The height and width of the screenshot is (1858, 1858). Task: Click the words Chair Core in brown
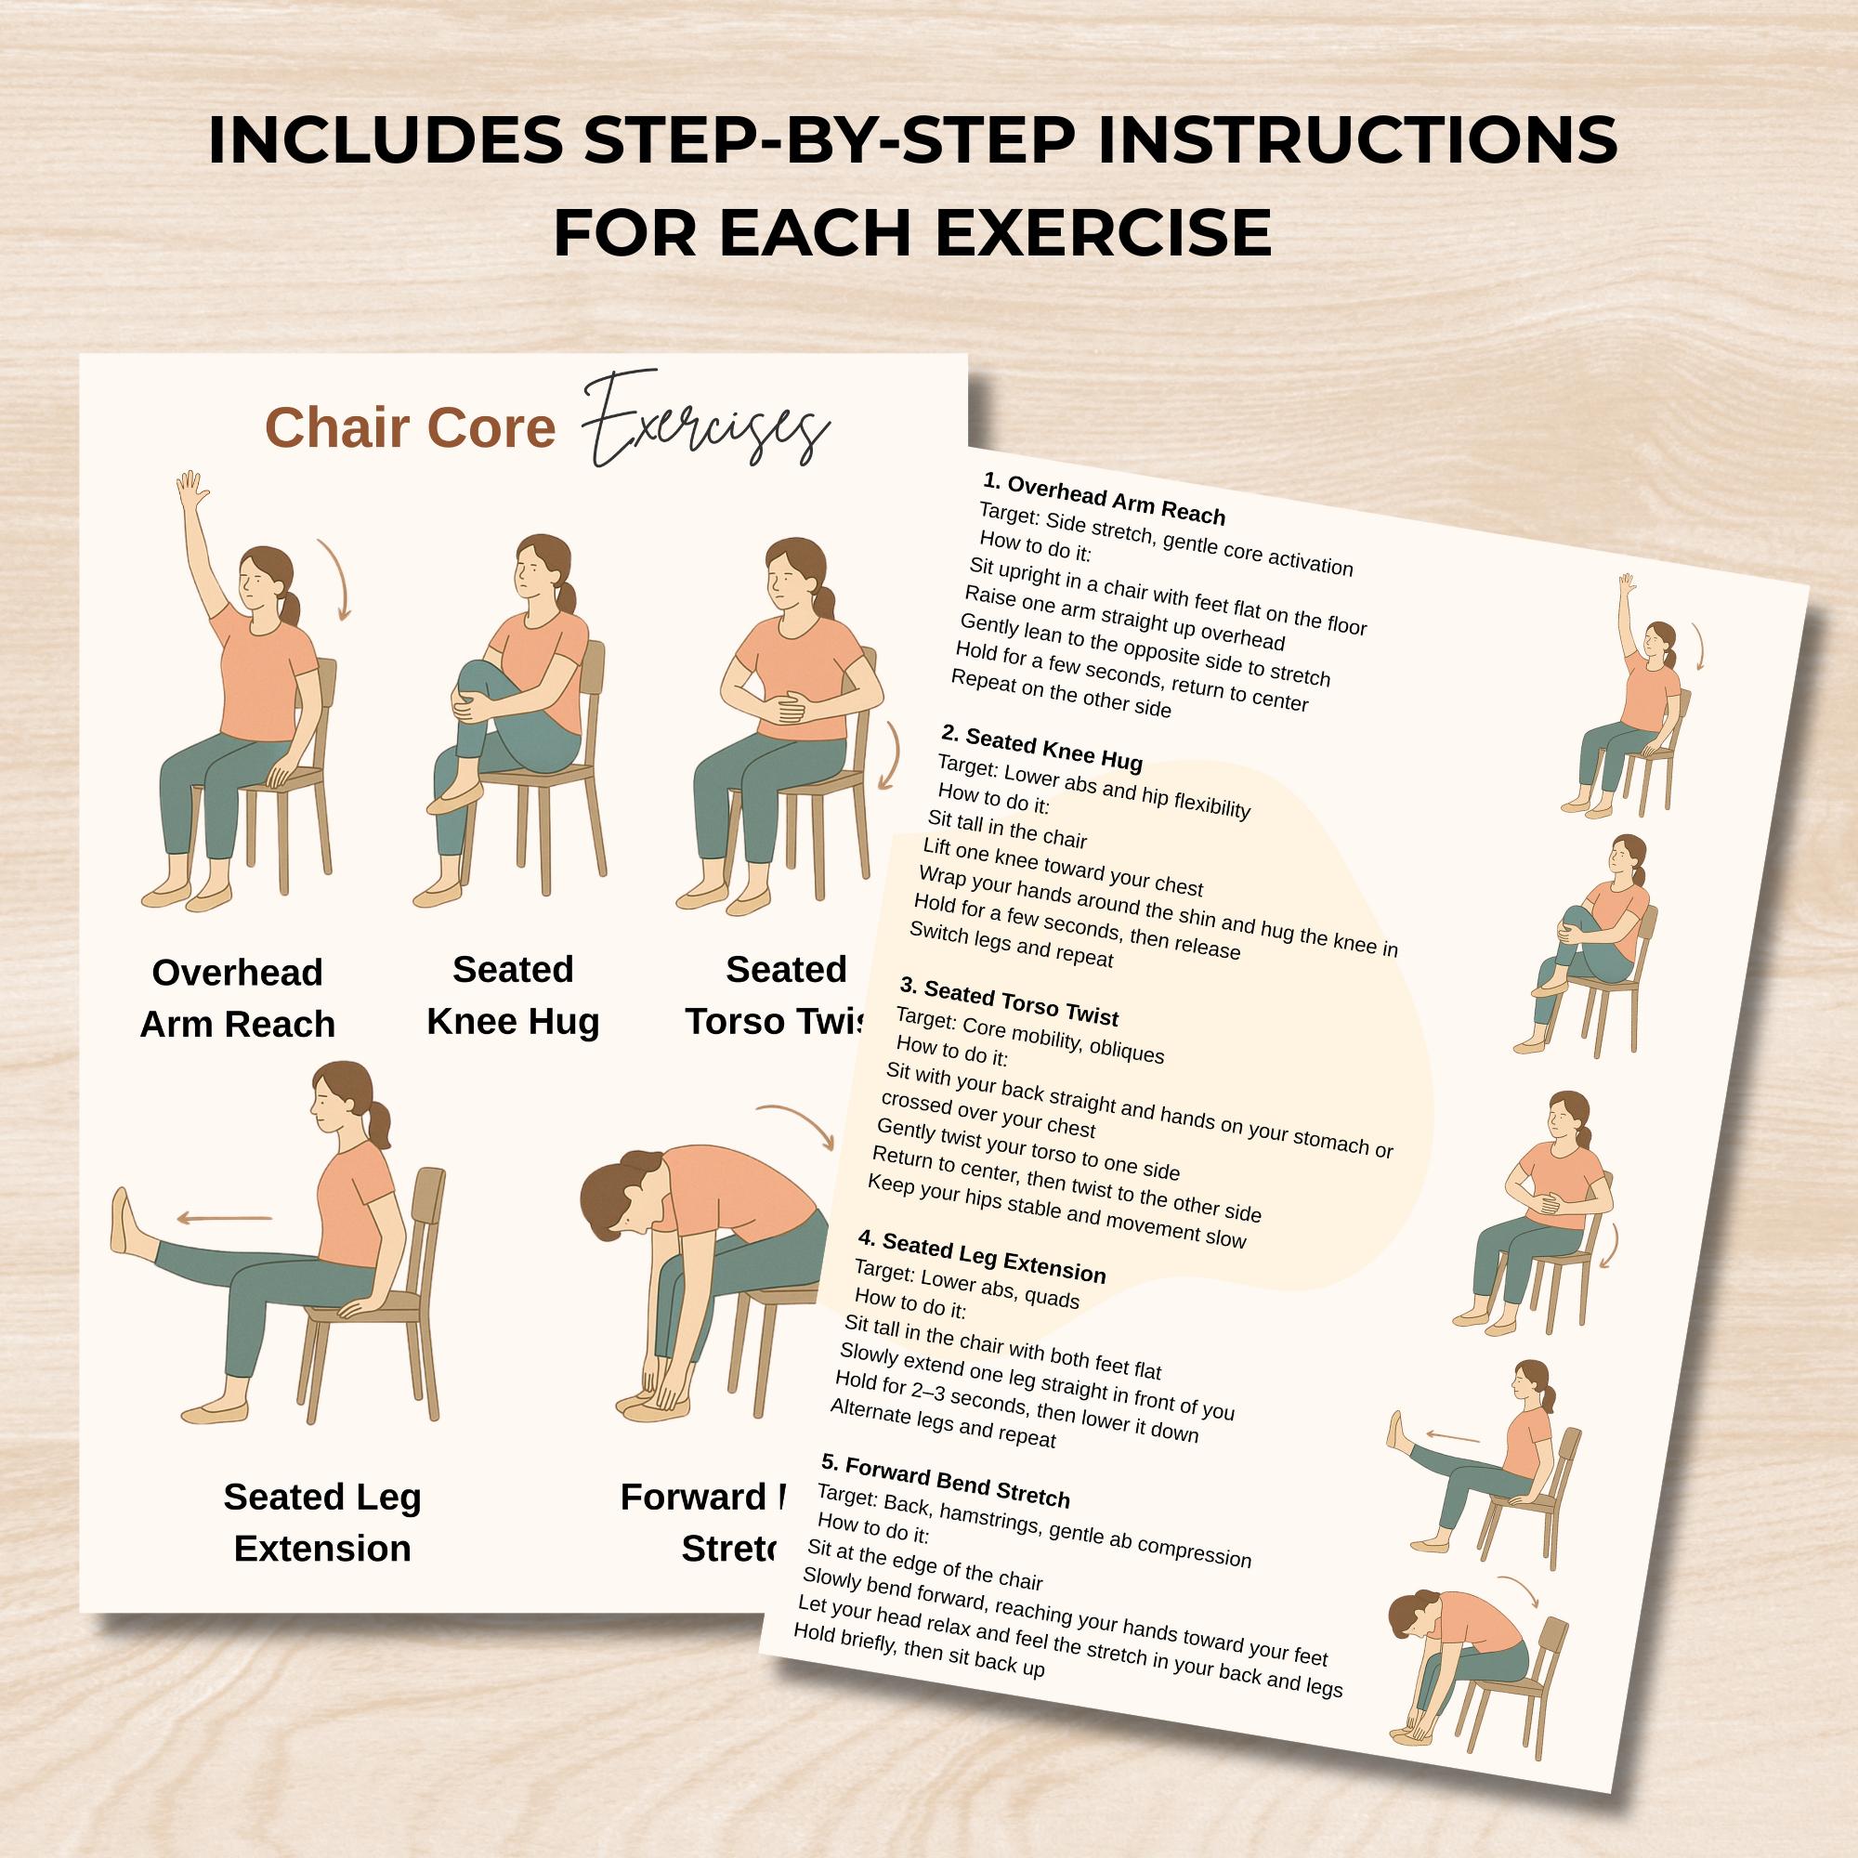pyautogui.click(x=410, y=428)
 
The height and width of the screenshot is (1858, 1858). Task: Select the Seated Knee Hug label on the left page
pyautogui.click(x=513, y=994)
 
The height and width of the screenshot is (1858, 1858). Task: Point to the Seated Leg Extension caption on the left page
pyautogui.click(x=322, y=1523)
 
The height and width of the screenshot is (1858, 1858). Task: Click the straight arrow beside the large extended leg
pyautogui.click(x=225, y=1220)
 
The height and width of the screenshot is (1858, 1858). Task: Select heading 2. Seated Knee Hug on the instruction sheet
pyautogui.click(x=1041, y=748)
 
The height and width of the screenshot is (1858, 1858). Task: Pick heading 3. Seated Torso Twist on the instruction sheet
pyautogui.click(x=1009, y=1001)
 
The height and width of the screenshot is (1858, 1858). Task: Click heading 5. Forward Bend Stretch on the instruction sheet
pyautogui.click(x=946, y=1508)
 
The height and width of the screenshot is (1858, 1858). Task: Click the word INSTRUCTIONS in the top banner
pyautogui.click(x=1356, y=139)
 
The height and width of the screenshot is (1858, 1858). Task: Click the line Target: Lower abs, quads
pyautogui.click(x=966, y=1286)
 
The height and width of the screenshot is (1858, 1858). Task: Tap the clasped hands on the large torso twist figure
pyautogui.click(x=791, y=708)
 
